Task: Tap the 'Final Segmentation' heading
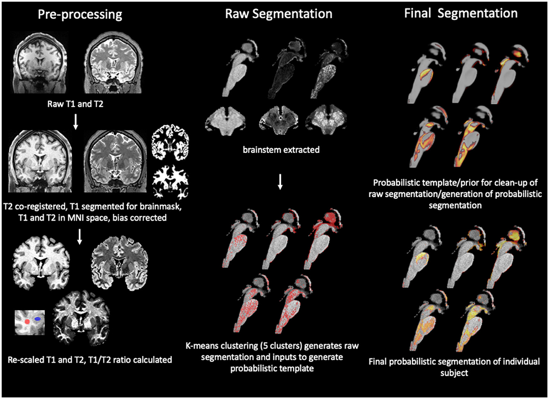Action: tap(461, 14)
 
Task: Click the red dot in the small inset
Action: tap(27, 321)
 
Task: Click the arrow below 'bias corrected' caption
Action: tap(81, 236)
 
